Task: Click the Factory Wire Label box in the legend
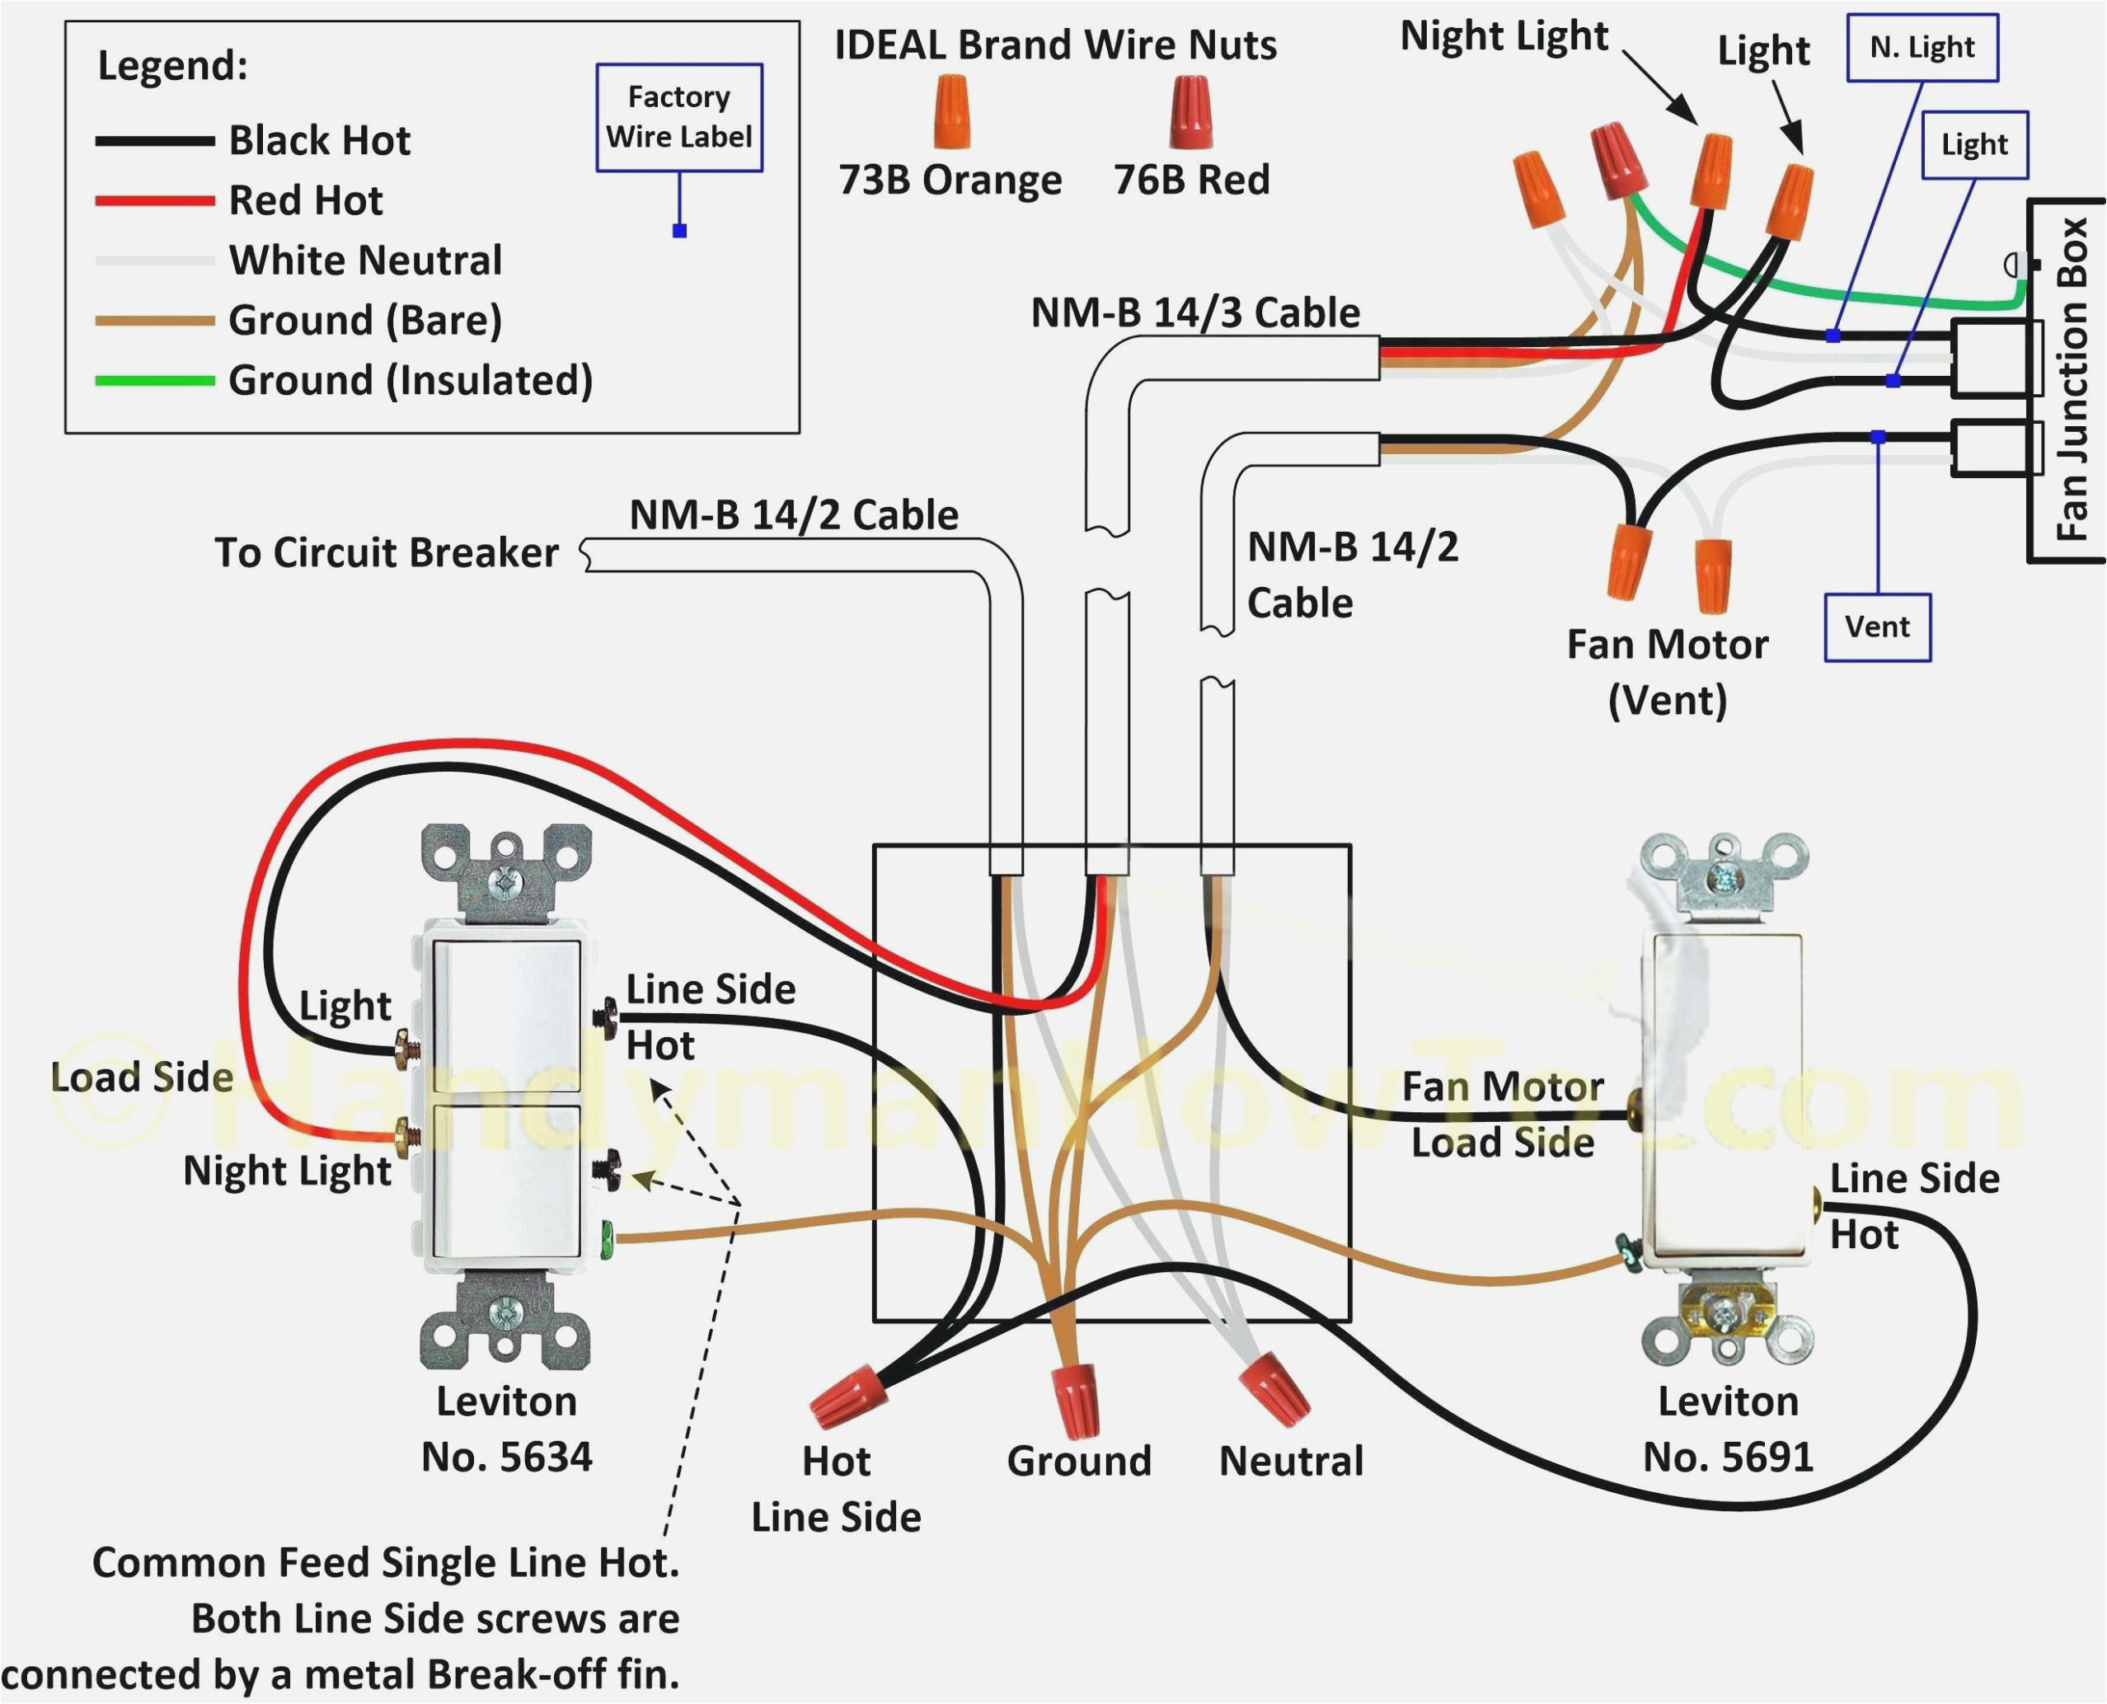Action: tap(679, 118)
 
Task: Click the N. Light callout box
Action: tap(1922, 47)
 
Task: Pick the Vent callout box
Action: tap(1876, 627)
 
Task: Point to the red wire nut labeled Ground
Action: tap(1076, 1398)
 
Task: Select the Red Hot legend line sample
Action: tap(154, 200)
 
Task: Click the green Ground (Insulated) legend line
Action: tap(154, 380)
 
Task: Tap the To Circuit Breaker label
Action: tap(387, 552)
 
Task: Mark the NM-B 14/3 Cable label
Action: tap(1194, 313)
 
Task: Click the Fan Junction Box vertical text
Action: tap(2071, 380)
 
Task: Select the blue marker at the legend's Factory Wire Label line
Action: tap(679, 231)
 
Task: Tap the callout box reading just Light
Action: tap(1973, 145)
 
